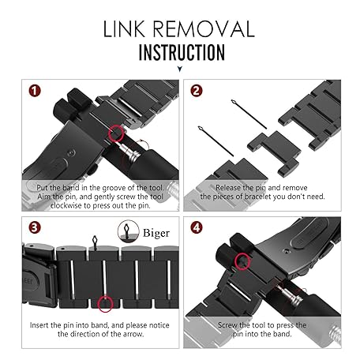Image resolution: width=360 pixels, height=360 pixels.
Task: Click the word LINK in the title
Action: pos(124,29)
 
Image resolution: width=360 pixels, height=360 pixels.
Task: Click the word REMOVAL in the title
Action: pos(204,29)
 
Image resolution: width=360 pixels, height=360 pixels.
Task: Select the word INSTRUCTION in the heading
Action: pos(182,53)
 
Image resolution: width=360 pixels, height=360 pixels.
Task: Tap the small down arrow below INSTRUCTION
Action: pos(180,69)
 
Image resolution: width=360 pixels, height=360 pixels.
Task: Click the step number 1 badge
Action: pos(35,91)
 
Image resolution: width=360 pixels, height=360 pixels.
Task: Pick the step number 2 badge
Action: pos(197,91)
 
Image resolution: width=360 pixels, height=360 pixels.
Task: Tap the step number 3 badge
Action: pos(35,227)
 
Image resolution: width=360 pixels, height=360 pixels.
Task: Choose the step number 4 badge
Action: pos(197,227)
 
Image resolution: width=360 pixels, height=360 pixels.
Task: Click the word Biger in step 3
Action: pos(156,234)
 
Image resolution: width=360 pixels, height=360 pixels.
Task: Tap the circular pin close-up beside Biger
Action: pos(128,231)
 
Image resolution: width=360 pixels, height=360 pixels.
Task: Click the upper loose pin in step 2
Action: pos(249,114)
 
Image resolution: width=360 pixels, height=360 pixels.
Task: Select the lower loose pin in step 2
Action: pos(216,141)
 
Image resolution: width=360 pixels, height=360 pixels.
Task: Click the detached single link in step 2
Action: pos(275,152)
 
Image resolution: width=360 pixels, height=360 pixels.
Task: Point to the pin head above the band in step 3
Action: pos(95,241)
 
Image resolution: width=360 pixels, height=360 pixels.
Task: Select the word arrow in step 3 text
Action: pos(134,334)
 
